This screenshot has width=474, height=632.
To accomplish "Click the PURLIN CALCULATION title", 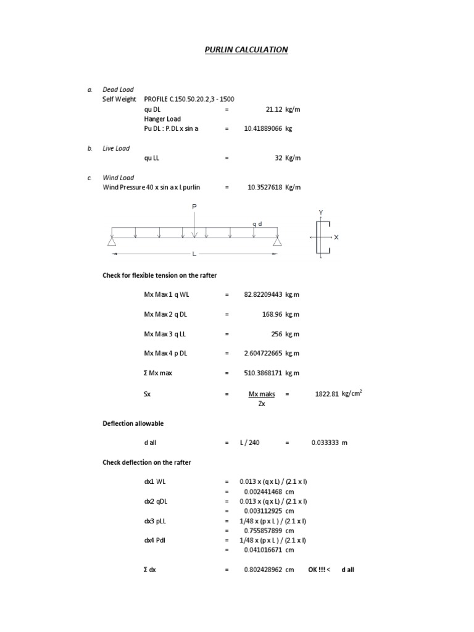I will [x=246, y=49].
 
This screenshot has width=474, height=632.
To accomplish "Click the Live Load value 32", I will [x=278, y=158].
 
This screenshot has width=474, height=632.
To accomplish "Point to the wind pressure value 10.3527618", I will [x=265, y=188].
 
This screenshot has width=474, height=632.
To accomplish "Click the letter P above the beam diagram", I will [x=194, y=207].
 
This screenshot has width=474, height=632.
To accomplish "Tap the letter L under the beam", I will [x=194, y=254].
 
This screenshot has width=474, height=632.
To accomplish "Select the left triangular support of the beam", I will [x=112, y=241].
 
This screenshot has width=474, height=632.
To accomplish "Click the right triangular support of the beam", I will [x=277, y=241].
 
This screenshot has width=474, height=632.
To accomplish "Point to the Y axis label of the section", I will [x=321, y=213].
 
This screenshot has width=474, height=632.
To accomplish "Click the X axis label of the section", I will [x=336, y=237].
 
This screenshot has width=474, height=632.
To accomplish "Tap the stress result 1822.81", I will [x=326, y=394].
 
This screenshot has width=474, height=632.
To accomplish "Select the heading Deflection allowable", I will [x=133, y=423].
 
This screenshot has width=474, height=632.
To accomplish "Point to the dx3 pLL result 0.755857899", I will [x=263, y=530].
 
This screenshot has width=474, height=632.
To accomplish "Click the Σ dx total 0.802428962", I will [x=263, y=570].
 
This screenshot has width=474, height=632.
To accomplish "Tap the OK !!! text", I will [x=317, y=570].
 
